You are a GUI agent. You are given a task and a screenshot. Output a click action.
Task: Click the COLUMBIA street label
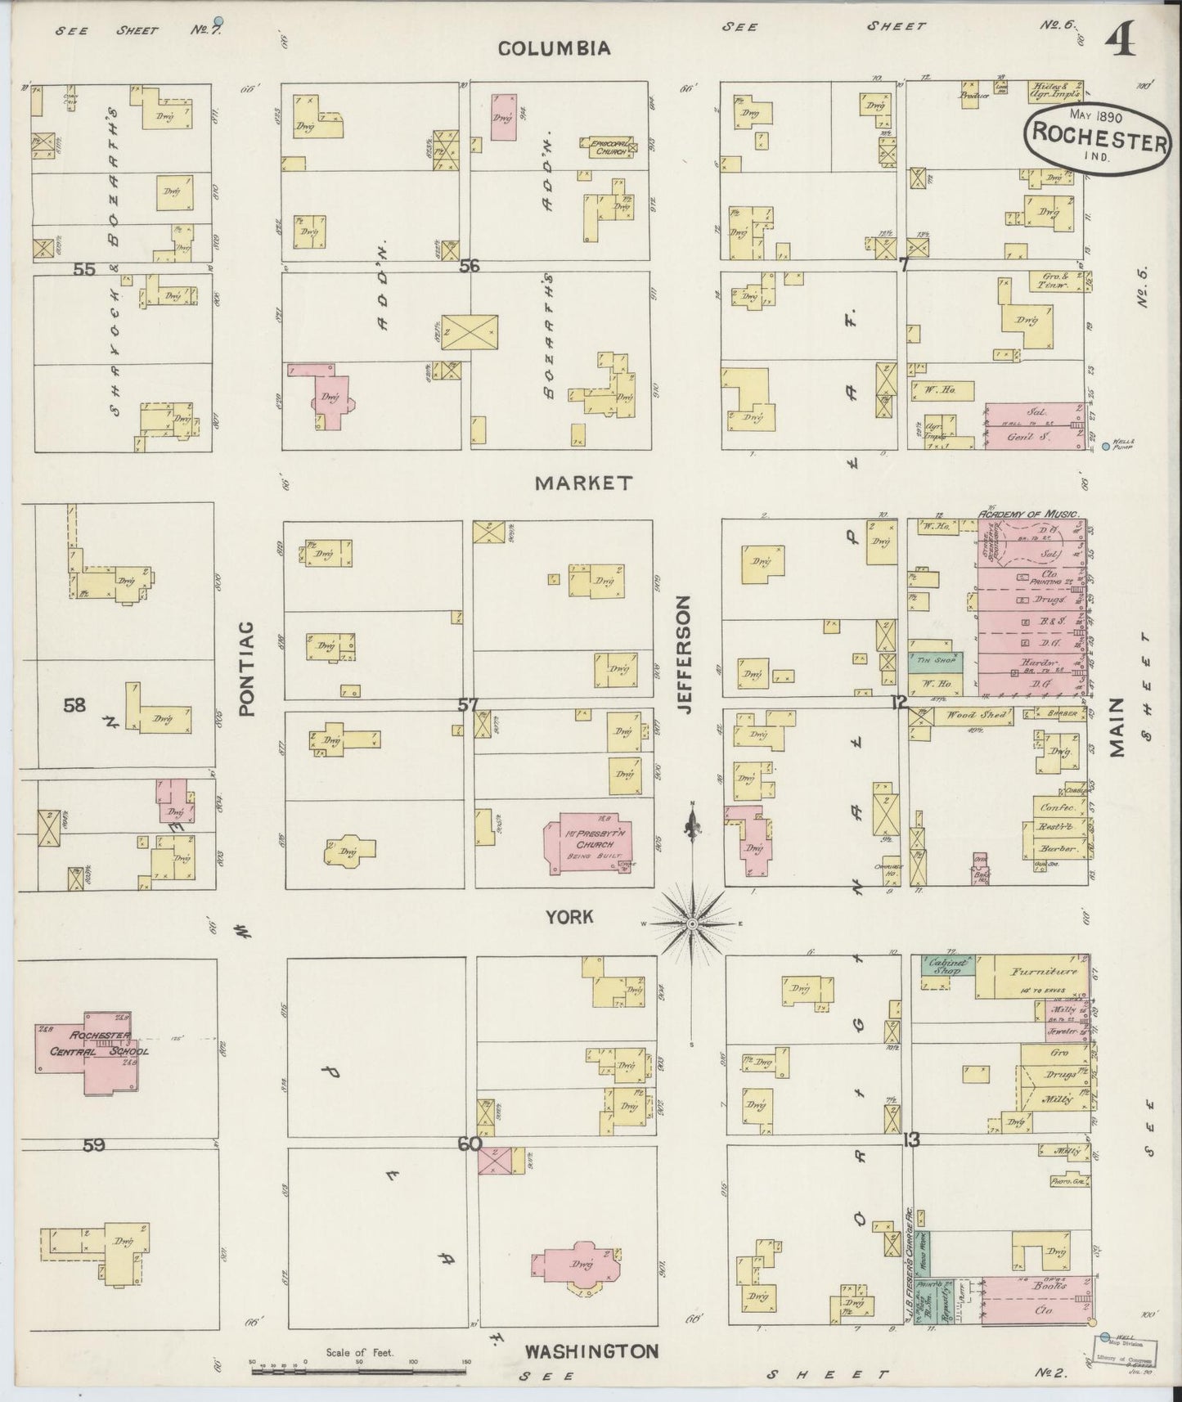click(555, 48)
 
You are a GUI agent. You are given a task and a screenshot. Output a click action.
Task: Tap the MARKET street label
click(583, 483)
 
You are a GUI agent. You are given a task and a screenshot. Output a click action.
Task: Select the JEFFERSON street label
click(685, 654)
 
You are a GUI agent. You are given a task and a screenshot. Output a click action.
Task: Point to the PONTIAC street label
click(248, 668)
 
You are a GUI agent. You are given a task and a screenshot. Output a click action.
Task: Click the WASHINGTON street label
click(591, 1350)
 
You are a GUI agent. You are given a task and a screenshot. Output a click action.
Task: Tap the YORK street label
click(569, 918)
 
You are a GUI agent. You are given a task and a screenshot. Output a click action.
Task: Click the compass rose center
click(692, 923)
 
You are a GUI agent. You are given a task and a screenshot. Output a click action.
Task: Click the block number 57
click(467, 704)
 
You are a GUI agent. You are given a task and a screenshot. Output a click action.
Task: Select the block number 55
click(84, 269)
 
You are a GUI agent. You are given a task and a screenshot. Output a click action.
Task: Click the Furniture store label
click(1040, 973)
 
